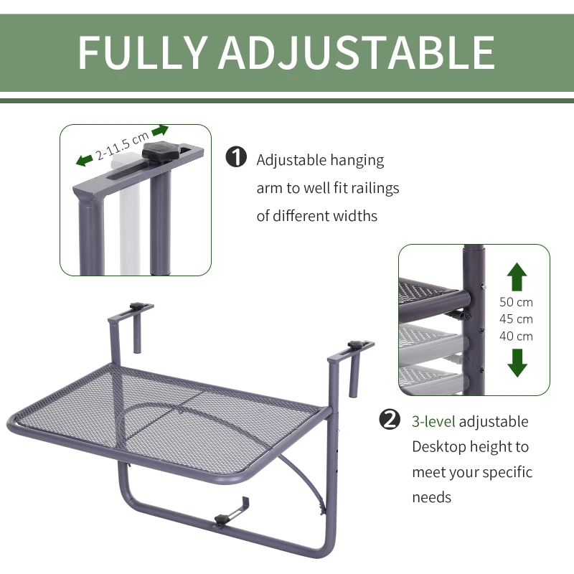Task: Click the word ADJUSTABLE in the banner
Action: tap(357, 51)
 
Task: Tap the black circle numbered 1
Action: tap(236, 158)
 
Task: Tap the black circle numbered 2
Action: tap(390, 420)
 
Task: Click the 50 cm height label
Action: tap(517, 302)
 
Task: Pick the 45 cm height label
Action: tap(517, 319)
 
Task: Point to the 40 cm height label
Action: tap(517, 336)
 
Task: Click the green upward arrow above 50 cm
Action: tap(517, 277)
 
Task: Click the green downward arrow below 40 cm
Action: tap(517, 362)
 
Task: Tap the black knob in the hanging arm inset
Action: tap(159, 151)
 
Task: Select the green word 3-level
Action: tap(433, 421)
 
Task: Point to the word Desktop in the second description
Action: tap(438, 447)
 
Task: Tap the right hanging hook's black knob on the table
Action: tap(356, 347)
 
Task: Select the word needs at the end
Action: tap(432, 497)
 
